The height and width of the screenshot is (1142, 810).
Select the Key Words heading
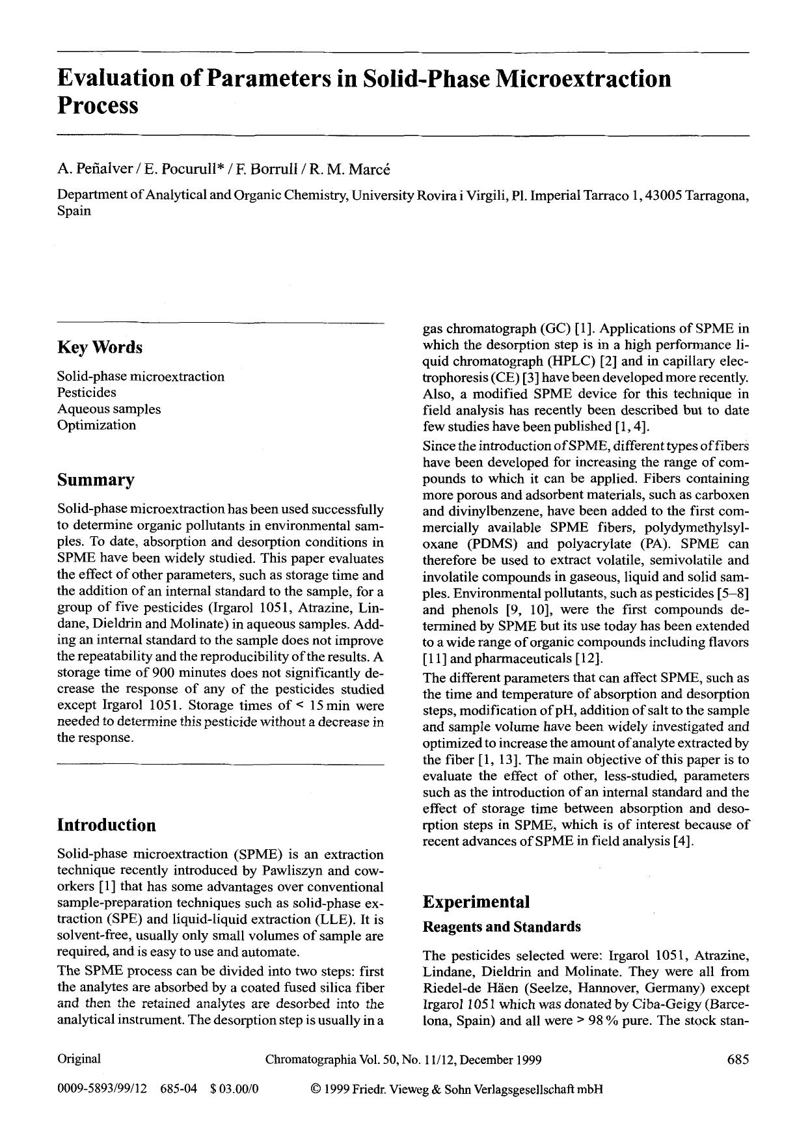click(100, 347)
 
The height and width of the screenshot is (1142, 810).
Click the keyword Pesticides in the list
click(87, 392)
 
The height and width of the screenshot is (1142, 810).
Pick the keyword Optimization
click(96, 425)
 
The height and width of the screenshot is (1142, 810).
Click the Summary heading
click(96, 480)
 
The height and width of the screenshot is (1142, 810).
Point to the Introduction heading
click(107, 825)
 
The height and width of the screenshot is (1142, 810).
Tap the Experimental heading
click(476, 902)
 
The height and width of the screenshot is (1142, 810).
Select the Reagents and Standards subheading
click(502, 927)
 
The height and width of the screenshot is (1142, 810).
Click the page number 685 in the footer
click(738, 1059)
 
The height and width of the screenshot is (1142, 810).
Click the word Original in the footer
click(79, 1059)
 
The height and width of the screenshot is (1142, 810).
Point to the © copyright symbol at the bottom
click(317, 1089)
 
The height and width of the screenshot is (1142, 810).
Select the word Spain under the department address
click(74, 211)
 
